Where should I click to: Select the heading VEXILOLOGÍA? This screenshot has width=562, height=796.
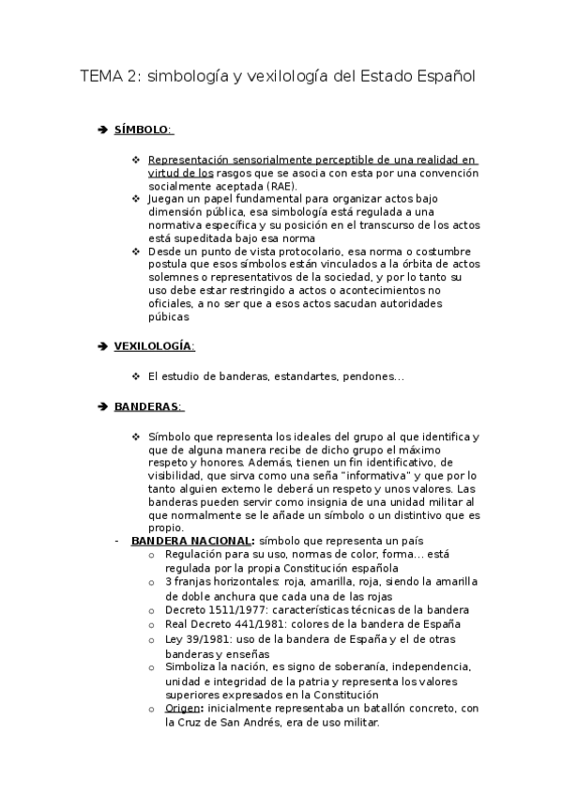click(x=154, y=346)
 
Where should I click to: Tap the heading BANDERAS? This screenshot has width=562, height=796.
click(x=147, y=406)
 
